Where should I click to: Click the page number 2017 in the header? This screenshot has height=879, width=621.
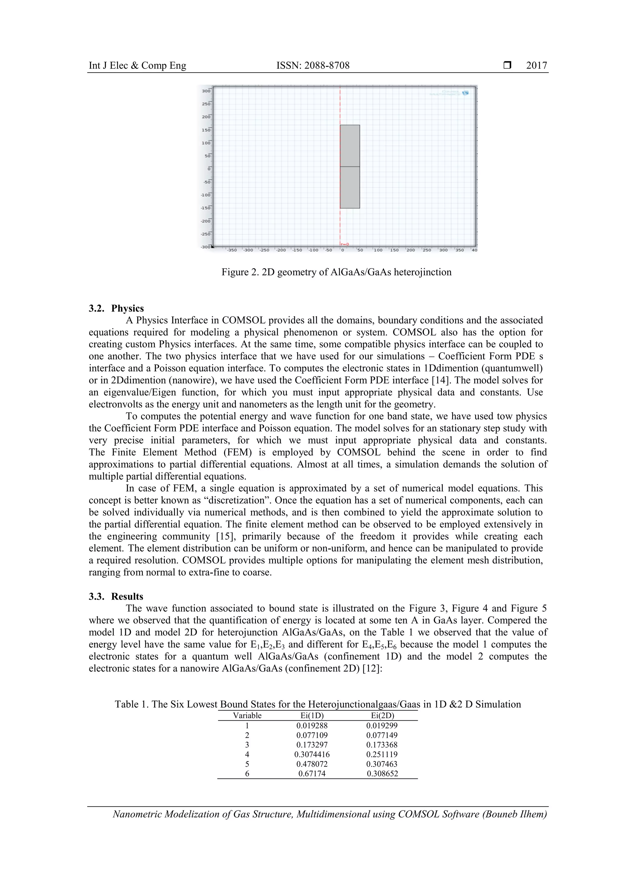tap(536, 66)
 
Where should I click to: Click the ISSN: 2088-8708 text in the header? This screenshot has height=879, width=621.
tap(313, 66)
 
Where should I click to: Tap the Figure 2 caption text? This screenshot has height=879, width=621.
tap(336, 272)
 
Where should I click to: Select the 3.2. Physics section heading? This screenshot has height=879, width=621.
tap(116, 308)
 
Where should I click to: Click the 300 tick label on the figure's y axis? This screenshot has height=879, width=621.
tap(206, 91)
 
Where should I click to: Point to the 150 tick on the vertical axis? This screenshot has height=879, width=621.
tap(206, 130)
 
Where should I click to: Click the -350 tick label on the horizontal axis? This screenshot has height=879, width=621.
tap(232, 250)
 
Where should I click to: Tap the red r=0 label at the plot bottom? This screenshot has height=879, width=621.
tap(345, 244)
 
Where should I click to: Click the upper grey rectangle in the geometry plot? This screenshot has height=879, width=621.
tap(350, 146)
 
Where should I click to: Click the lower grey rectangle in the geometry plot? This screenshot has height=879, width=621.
tap(350, 188)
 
